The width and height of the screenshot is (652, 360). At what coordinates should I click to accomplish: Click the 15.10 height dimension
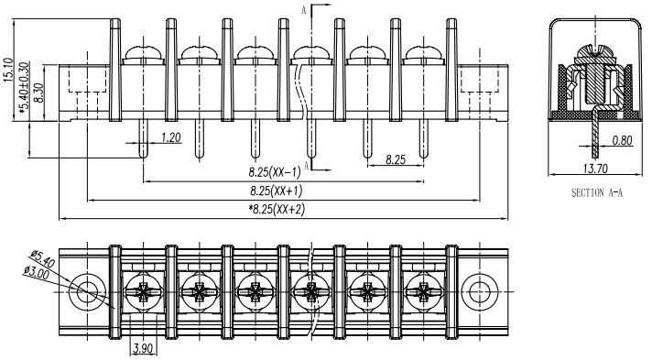coord(8,70)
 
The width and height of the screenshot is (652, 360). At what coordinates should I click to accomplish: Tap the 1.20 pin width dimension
coord(171,136)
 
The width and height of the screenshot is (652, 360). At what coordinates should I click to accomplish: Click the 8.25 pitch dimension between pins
coord(396,159)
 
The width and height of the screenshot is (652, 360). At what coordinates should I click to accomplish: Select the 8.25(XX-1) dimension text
coord(275,171)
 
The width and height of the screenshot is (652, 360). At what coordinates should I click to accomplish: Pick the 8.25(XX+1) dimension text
coord(277,191)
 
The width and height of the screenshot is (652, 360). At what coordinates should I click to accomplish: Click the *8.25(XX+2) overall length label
coord(277,209)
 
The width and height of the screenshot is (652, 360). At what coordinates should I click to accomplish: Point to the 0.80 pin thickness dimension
coord(622,140)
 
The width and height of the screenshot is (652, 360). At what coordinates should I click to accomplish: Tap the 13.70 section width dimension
coord(595,169)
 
